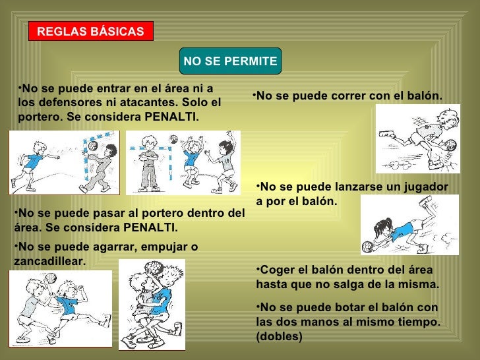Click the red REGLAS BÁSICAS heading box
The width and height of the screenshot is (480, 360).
(x=91, y=31)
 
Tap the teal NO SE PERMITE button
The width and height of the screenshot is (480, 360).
(x=230, y=61)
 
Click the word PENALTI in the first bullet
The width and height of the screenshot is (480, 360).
(x=171, y=117)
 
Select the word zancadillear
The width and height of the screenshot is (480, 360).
(x=49, y=261)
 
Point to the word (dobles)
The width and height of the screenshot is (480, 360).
(x=279, y=336)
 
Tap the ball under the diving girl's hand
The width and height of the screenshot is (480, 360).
(x=368, y=247)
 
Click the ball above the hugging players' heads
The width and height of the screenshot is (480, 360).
(x=154, y=268)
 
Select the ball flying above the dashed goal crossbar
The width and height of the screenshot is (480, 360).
(x=173, y=139)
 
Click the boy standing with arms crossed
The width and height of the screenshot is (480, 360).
(x=150, y=164)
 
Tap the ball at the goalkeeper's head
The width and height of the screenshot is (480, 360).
(x=93, y=146)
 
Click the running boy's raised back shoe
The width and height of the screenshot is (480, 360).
(x=386, y=134)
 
